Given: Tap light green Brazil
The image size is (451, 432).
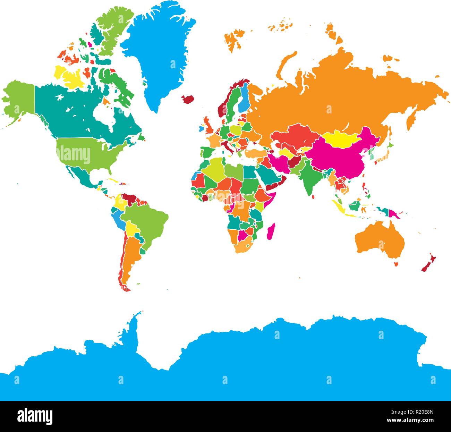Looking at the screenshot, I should [146, 222].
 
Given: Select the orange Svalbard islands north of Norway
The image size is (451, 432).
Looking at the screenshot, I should [236, 38].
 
